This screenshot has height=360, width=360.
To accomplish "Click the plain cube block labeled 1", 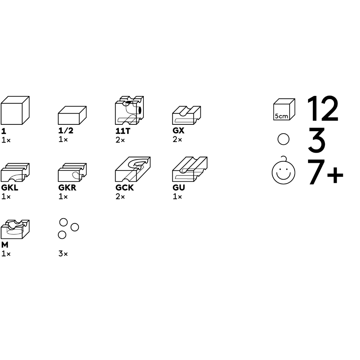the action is [15, 110].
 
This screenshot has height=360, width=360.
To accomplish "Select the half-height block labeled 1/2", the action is [72, 115].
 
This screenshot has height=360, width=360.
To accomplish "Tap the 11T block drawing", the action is [129, 110].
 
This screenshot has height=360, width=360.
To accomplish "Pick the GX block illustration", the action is [186, 115].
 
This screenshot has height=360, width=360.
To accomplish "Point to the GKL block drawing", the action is [15, 172].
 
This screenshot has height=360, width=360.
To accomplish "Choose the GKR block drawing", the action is [72, 172].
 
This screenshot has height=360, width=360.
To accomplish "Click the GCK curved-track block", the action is [133, 169].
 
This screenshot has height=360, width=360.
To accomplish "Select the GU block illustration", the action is [189, 169].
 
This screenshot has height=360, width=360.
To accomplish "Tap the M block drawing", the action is [15, 229].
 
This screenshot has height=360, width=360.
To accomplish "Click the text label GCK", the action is [124, 188].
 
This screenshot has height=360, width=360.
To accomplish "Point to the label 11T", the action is [123, 131].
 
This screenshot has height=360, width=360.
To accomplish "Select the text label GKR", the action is [67, 188].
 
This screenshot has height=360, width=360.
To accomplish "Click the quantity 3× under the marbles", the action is [63, 254].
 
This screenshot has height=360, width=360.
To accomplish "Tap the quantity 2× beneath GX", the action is [177, 139].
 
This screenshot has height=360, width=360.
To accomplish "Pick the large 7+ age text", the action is [325, 172].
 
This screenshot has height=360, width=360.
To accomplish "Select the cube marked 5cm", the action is [284, 109].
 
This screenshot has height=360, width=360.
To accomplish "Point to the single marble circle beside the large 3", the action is [283, 139].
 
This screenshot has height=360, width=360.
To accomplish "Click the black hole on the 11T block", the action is [140, 110].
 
